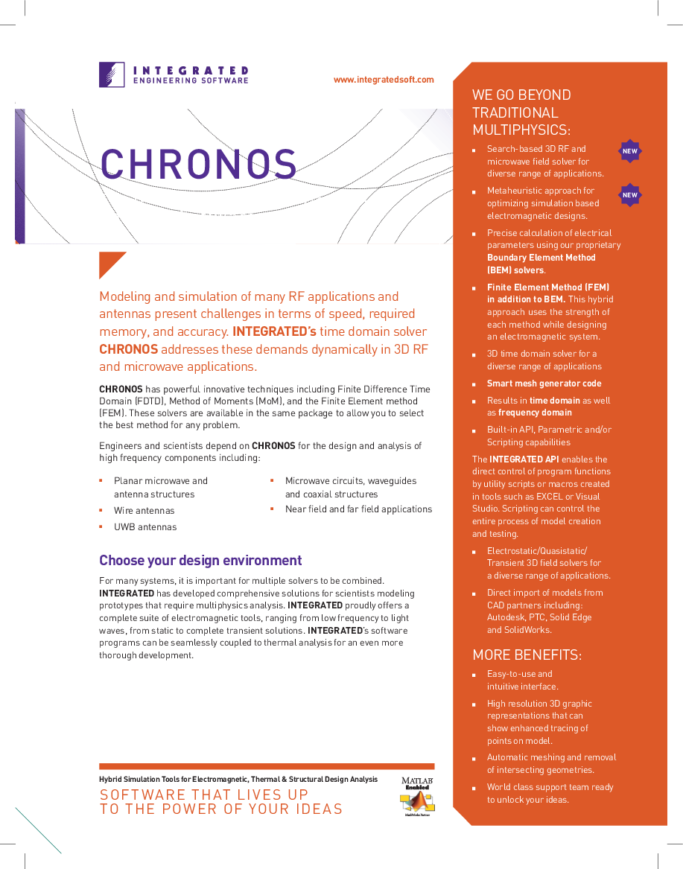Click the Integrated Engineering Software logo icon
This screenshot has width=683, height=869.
click(112, 74)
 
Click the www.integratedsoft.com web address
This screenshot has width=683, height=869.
click(384, 80)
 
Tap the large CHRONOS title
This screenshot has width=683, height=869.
click(198, 165)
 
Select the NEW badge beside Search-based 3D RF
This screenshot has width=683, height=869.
click(630, 151)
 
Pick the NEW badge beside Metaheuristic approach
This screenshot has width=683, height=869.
click(630, 195)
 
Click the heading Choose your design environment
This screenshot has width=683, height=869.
click(200, 561)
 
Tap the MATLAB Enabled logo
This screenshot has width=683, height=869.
click(417, 795)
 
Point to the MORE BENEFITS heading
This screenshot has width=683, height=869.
click(527, 655)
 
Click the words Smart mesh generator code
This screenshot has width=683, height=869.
click(544, 383)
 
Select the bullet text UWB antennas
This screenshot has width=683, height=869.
click(145, 527)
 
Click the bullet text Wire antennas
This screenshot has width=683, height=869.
click(144, 511)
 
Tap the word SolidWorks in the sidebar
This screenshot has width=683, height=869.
click(528, 630)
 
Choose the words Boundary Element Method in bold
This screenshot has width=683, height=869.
click(541, 258)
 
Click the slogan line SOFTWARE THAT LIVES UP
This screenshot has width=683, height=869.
click(204, 795)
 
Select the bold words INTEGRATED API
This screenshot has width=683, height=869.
click(524, 459)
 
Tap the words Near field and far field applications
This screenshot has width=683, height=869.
click(358, 509)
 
